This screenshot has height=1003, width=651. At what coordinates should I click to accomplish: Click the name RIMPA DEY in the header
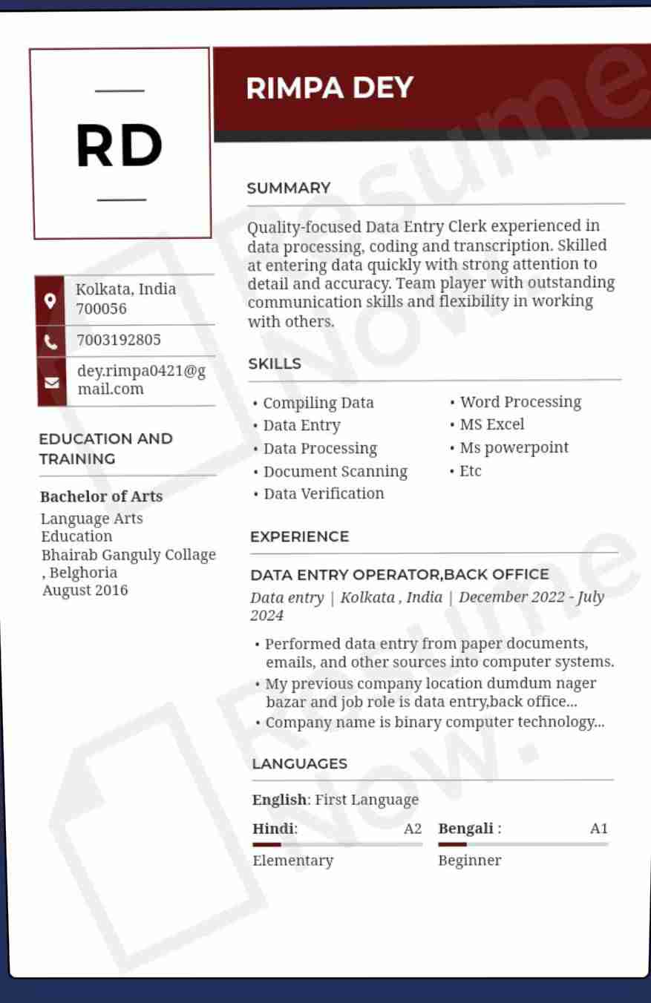pos(329,88)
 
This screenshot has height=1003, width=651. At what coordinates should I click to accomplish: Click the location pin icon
pos(50,300)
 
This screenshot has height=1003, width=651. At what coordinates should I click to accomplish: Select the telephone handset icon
pos(50,341)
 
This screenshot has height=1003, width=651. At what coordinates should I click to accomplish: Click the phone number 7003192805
pos(119,341)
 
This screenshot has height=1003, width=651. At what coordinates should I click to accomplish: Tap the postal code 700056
pos(102,309)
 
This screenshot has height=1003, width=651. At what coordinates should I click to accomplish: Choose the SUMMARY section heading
pos(289,188)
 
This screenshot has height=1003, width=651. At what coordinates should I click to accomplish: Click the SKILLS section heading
pos(275,364)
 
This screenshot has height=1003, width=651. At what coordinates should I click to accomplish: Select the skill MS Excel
pos(491,424)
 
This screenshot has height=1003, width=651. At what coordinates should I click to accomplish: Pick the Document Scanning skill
pos(335,472)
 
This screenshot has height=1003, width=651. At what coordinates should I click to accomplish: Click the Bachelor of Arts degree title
pos(101,496)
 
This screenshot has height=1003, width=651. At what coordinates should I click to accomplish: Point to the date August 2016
pos(85,591)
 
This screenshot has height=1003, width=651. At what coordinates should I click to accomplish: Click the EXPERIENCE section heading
pos(299,536)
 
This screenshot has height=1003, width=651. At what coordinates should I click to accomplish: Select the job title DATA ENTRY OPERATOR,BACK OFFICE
pos(399,574)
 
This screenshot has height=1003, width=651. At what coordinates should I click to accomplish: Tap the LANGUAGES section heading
pos(299,763)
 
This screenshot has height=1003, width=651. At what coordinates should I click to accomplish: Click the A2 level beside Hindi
pos(413,829)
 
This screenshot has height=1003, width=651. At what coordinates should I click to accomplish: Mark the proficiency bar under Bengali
pos(523,844)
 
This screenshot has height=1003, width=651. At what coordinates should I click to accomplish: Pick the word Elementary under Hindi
pos(292,861)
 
